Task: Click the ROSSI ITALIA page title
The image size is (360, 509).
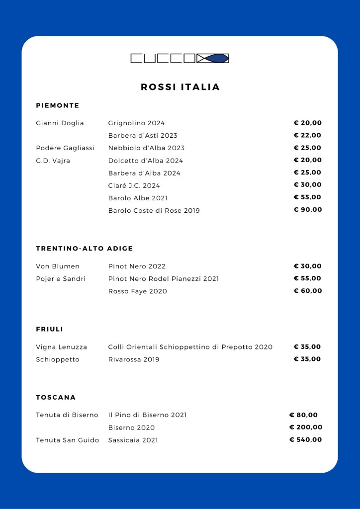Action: (x=180, y=87)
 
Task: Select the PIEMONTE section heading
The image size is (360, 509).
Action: (x=58, y=105)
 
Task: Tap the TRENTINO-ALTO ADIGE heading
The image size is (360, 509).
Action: (x=85, y=248)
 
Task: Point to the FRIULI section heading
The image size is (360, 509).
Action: (x=50, y=329)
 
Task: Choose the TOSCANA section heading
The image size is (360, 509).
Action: (x=56, y=397)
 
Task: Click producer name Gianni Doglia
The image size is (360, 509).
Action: (x=60, y=123)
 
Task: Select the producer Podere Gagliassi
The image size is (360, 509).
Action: (x=65, y=148)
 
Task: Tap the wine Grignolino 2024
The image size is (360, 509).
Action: (x=136, y=123)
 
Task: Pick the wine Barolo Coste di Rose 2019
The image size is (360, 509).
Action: (x=154, y=210)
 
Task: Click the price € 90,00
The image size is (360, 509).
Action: (x=308, y=209)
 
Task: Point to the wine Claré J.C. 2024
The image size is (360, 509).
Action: (x=134, y=185)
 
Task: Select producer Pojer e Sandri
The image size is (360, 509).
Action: (x=61, y=278)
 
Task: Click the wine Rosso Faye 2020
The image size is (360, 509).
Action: (x=137, y=291)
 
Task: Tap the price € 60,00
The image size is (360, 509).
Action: (x=308, y=290)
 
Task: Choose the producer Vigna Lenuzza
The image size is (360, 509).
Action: (x=61, y=346)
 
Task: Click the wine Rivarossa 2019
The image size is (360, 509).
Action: (x=134, y=359)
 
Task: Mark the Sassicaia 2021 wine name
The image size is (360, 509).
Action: (x=133, y=440)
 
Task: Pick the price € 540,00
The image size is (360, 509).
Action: (x=306, y=439)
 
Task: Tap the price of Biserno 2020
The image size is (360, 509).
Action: (x=306, y=427)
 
